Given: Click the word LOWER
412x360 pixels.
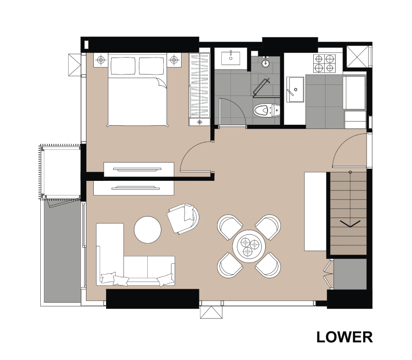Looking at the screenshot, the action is coord(344,337).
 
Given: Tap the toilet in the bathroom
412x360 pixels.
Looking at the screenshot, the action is coord(267,110).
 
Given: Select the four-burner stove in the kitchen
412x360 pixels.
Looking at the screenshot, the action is coord(324,64).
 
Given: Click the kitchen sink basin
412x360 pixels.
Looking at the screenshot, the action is coord(295,89).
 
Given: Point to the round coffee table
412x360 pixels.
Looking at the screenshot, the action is coord(147,229).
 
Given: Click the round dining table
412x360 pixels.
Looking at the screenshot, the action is coord(249,246).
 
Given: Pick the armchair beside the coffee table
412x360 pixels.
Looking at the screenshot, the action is coord(183,218).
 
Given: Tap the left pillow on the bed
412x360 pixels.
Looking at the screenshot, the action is coord(123,66).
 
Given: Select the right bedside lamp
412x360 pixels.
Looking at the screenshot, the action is coord(173,60).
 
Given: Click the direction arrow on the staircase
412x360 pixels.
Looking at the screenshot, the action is coord(350,224).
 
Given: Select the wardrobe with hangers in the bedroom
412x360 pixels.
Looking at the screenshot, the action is coord(199,89).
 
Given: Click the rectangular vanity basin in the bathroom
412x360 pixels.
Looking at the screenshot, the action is coord(230,58).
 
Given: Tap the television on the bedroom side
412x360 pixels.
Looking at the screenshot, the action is coord(139,169).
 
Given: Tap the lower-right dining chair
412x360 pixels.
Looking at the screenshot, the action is coord(268,265).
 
